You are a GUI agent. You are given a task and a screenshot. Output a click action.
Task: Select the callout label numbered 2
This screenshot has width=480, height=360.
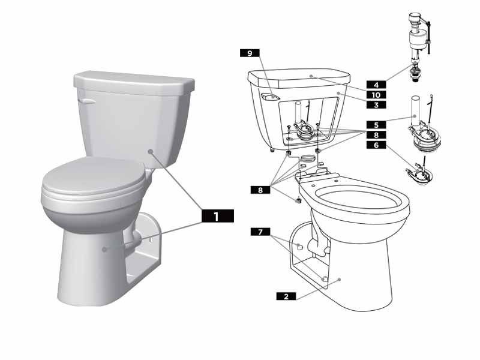(286, 296)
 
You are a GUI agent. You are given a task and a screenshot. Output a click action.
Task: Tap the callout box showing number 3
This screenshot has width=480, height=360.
(377, 104)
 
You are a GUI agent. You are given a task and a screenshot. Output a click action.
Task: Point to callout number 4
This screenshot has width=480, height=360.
(377, 85)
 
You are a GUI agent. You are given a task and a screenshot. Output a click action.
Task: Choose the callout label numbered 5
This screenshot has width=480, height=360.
(377, 125)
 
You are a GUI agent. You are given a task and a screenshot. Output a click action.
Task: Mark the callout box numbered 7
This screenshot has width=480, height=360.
(260, 231)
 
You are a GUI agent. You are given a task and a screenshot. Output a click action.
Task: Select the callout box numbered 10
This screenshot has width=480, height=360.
(377, 95)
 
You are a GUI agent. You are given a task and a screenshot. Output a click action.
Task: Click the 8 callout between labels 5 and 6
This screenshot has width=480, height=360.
(377, 136)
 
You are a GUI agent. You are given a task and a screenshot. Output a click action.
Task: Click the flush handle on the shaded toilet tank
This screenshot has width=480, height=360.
(88, 101)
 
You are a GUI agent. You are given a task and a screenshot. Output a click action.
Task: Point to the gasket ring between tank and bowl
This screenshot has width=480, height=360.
(308, 158)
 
